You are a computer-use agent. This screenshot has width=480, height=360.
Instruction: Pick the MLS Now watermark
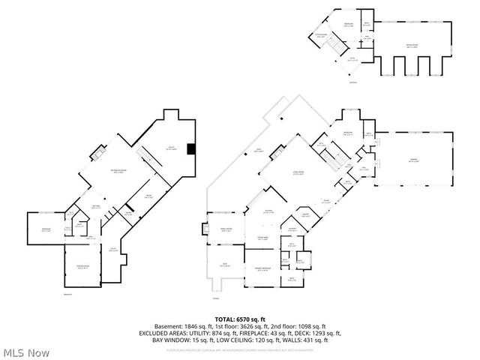[26, 352]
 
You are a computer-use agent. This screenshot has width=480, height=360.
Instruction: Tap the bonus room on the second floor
[411, 46]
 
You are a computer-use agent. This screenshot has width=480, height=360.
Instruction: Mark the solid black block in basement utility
[192, 148]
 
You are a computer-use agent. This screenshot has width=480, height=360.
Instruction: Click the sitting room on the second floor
[321, 34]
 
